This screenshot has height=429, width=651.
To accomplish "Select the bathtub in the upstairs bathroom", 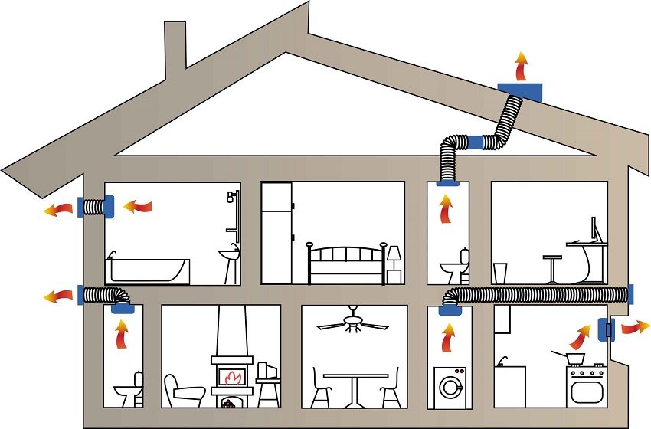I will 149,270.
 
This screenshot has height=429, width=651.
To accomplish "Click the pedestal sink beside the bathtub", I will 228,260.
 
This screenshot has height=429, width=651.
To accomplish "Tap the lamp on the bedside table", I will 394,255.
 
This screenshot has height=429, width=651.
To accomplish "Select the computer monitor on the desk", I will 594,230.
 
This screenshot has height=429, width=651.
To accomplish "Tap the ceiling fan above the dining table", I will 353,322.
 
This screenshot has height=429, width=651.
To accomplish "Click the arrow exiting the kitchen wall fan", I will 633,328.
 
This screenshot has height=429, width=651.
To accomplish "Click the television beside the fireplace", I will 267,372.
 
